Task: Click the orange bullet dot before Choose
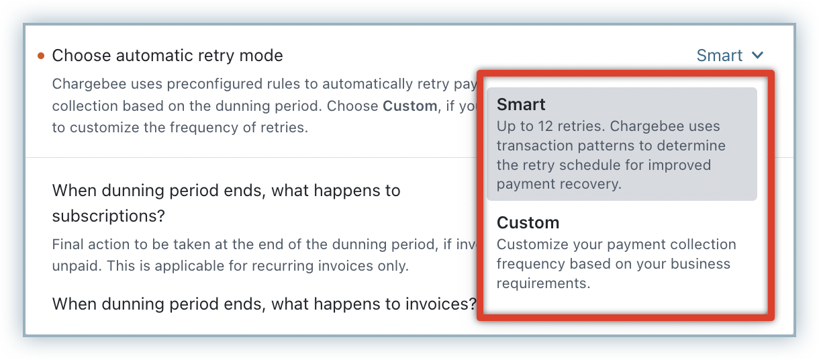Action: click(x=41, y=56)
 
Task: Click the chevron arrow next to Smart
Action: click(x=757, y=56)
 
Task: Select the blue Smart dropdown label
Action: click(x=719, y=56)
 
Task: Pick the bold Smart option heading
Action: click(x=521, y=105)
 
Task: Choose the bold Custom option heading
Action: click(x=528, y=223)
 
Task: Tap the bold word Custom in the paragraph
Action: click(x=410, y=106)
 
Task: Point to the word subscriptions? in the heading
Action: click(x=109, y=216)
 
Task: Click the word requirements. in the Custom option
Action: click(x=543, y=283)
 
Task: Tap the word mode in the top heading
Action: click(x=261, y=56)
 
